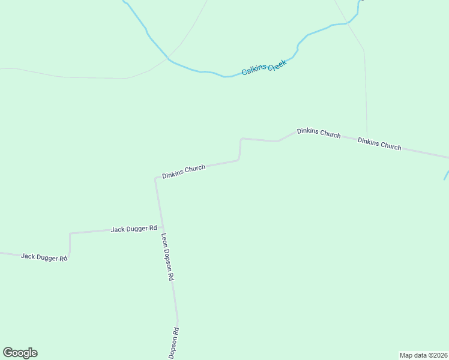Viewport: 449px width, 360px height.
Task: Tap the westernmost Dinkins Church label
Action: tap(184, 172)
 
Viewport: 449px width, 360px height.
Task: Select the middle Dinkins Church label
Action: tap(319, 133)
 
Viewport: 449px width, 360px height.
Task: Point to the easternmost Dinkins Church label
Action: tap(379, 144)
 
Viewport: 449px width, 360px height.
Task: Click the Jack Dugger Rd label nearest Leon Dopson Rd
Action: tap(134, 229)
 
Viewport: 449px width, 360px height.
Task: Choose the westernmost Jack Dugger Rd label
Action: tap(44, 257)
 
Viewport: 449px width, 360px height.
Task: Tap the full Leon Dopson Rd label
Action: tap(167, 257)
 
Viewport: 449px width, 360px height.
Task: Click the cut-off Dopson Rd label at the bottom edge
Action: tap(174, 344)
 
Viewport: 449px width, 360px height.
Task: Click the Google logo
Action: tap(20, 353)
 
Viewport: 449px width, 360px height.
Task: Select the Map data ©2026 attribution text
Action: tap(423, 355)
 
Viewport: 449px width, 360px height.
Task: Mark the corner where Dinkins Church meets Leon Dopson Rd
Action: tap(157, 178)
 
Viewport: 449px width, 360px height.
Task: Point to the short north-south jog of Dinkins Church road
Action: tap(240, 149)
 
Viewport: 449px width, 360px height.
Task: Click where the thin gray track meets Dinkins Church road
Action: tap(367, 137)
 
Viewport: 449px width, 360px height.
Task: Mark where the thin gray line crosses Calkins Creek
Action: tap(170, 60)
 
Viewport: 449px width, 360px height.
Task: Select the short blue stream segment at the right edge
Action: tap(446, 174)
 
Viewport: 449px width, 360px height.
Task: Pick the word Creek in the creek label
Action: tap(277, 64)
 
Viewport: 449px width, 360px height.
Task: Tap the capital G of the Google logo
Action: tap(8, 353)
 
